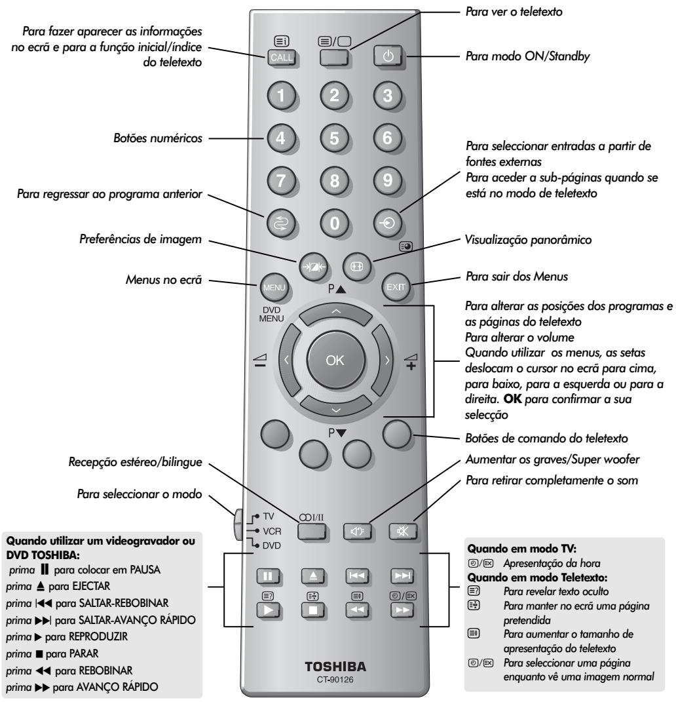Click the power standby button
(385, 57)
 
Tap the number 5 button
(334, 139)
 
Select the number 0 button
(334, 222)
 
